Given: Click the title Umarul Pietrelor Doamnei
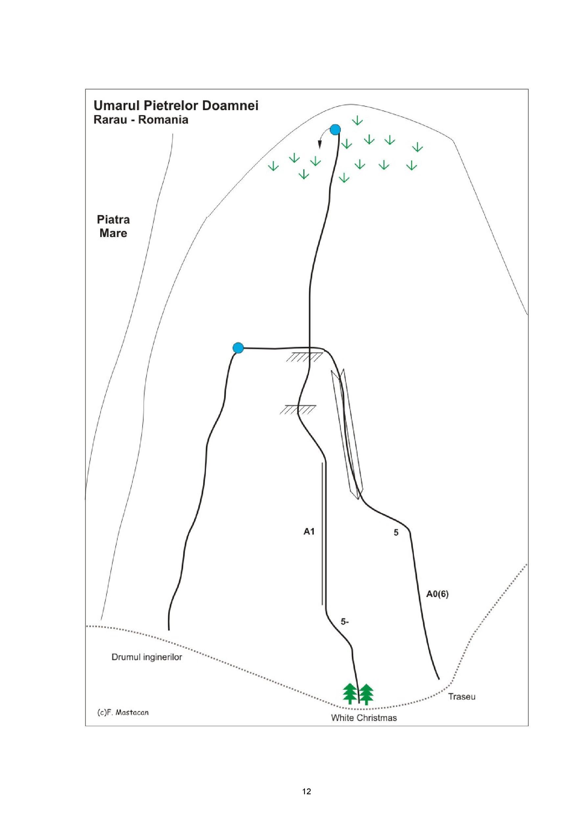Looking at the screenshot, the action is click(176, 106).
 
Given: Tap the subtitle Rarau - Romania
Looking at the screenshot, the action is click(141, 120).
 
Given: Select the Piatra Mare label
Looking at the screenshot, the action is click(113, 227).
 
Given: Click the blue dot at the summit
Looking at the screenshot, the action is click(335, 130).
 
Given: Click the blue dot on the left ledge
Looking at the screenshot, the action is click(238, 348).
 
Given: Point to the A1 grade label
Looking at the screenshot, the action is click(309, 531).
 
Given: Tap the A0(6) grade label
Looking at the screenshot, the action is click(437, 594).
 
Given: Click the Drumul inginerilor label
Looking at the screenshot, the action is click(147, 657).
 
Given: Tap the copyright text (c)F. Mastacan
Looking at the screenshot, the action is click(123, 712).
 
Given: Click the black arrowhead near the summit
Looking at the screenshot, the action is click(320, 144).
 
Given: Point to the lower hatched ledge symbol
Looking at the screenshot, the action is click(298, 409).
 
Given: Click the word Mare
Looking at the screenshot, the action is click(113, 233).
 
